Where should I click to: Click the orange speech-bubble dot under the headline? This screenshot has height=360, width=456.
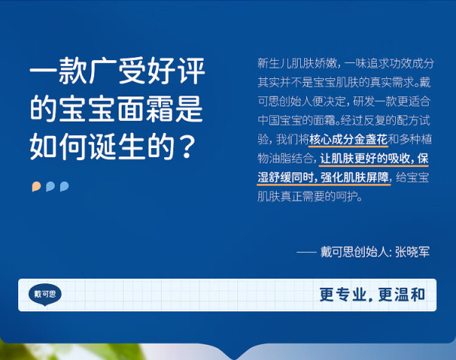[x=36, y=187]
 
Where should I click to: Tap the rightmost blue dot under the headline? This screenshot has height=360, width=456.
[x=65, y=187]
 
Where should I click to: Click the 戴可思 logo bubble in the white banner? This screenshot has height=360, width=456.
[x=45, y=295]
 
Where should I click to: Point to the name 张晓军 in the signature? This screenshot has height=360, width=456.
[x=412, y=252]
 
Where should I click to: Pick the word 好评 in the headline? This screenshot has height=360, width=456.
[x=176, y=71]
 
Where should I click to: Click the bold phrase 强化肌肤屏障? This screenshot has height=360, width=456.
[x=355, y=178]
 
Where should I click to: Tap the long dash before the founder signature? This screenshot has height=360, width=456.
[x=306, y=252]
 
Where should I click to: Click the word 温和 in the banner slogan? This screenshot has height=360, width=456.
[x=410, y=295]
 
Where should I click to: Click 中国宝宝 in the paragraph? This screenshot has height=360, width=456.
[x=279, y=121]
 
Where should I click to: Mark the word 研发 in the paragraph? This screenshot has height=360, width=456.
[x=363, y=102]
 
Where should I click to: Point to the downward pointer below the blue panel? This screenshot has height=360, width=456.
[x=235, y=353]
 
